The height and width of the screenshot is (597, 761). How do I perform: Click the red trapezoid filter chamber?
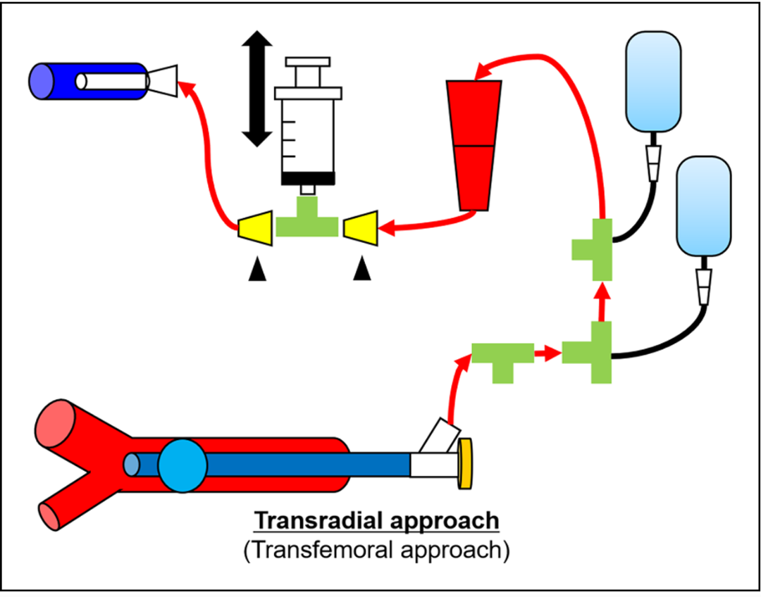click(x=474, y=145)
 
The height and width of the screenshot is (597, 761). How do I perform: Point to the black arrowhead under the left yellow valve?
click(x=256, y=269)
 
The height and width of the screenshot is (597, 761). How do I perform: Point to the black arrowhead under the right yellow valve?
click(x=362, y=269)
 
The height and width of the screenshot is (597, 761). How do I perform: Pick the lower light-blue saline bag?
click(x=704, y=205)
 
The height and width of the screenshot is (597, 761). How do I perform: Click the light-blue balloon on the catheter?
click(x=182, y=465)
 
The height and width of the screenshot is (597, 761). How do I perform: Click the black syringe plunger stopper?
click(x=308, y=178)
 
